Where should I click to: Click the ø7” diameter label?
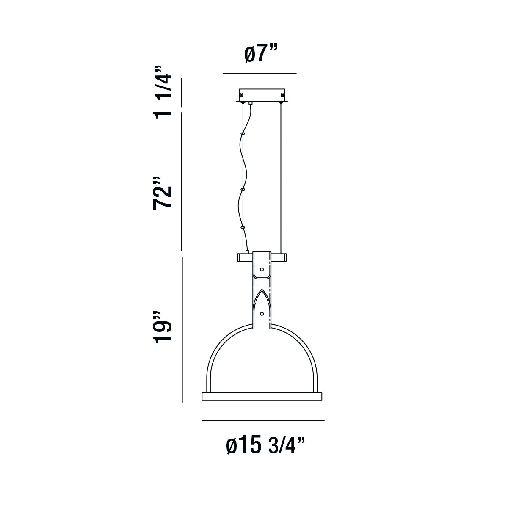point(261,54)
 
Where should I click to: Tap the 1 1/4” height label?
point(162,92)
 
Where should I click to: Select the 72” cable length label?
point(162,193)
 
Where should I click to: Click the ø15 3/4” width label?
point(265,445)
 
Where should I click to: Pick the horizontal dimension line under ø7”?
point(260,73)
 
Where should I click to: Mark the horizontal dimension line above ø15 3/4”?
point(263,420)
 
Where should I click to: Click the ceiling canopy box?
point(262,95)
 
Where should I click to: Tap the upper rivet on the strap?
point(262,269)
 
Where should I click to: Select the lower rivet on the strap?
point(262,314)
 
